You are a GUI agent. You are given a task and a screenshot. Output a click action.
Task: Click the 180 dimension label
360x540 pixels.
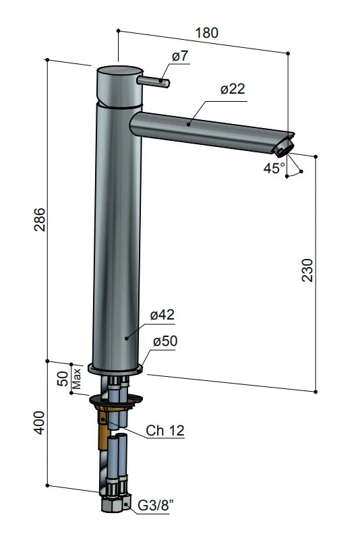(207, 33)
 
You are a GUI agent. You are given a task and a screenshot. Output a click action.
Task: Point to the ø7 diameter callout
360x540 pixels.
(180, 56)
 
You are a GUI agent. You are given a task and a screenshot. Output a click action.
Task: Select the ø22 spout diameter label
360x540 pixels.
(233, 89)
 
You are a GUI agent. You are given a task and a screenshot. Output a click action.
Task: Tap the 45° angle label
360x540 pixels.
(274, 168)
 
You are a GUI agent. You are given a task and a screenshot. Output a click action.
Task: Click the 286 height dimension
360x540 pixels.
(40, 220)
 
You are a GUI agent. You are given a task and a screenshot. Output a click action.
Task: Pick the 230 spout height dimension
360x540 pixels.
(307, 270)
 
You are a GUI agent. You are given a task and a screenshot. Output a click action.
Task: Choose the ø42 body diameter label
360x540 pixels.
(162, 315)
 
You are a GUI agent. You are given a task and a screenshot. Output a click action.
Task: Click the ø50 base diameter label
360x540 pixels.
(165, 341)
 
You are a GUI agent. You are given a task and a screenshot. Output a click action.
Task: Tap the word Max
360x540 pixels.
(76, 378)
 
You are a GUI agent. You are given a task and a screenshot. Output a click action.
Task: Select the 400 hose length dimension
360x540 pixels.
(40, 423)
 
